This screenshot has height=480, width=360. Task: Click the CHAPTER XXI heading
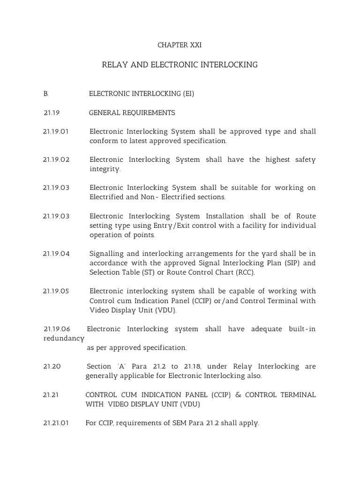tap(180, 45)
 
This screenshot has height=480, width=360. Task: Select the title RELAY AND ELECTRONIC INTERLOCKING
tap(180, 65)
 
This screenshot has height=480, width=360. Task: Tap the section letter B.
tap(46, 94)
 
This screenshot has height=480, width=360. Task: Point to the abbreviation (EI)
tap(188, 94)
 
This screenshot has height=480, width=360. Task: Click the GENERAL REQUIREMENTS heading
tap(132, 113)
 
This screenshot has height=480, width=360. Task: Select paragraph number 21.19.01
tap(56, 132)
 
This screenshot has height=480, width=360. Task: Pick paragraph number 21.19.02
tap(56, 160)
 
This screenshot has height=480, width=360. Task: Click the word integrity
tap(105, 169)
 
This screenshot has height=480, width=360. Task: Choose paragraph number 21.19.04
tap(56, 254)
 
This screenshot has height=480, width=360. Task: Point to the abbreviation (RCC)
tap(244, 272)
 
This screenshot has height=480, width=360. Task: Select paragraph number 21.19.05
tap(56, 291)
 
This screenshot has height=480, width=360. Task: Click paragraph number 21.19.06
tap(57, 329)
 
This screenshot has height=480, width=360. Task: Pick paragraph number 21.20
tap(52, 367)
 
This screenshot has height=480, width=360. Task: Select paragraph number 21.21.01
tap(56, 423)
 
